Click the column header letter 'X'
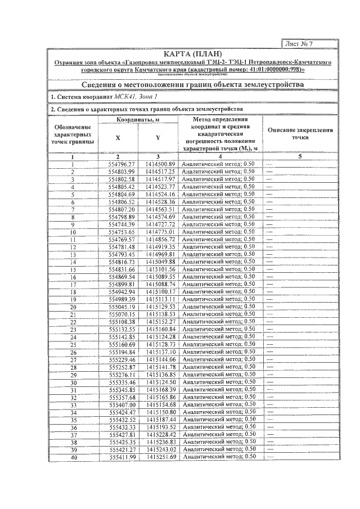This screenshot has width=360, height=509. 118,138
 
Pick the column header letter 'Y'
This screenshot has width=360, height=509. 158,138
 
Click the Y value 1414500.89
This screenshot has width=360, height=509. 161,164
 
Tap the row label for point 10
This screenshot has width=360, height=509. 73,232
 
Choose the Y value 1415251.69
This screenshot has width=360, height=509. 161,457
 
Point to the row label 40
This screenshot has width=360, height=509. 73,457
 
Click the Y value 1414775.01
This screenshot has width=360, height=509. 161,232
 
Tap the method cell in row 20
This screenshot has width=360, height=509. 219,307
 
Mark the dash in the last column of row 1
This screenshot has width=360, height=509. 270,164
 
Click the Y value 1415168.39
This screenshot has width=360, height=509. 161,390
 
